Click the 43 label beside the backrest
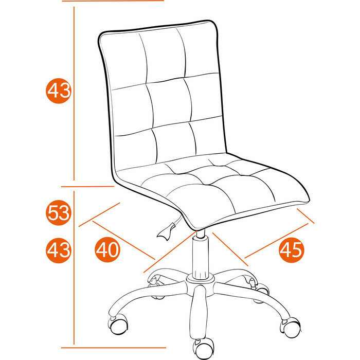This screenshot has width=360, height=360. click(58, 92)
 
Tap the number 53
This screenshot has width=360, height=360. click(58, 212)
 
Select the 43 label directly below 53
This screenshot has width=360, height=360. click(58, 250)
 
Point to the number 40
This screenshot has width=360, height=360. click(107, 250)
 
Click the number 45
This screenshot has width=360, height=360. click(291, 250)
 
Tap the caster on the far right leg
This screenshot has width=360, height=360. click(291, 325)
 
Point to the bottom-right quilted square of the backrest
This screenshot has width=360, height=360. click(208, 136)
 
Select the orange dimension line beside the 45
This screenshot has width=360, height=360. click(278, 239)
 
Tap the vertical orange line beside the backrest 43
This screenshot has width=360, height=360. click(75, 93)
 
